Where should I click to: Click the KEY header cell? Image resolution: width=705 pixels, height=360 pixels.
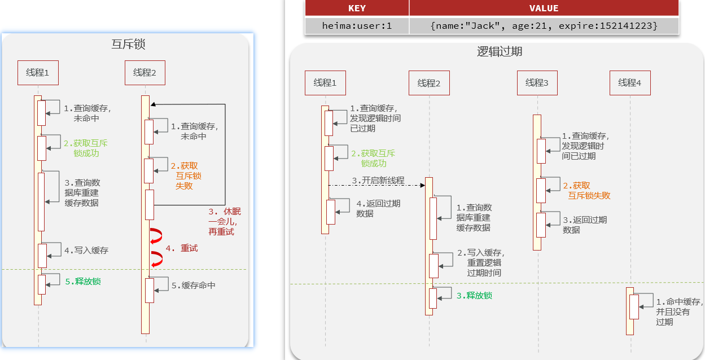click(357, 8)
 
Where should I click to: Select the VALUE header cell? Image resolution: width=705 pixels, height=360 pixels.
click(544, 8)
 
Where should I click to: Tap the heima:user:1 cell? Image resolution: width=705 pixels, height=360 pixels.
click(357, 25)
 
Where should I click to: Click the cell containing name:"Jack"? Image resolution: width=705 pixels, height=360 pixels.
click(544, 25)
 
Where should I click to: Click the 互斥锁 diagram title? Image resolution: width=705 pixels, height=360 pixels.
click(129, 45)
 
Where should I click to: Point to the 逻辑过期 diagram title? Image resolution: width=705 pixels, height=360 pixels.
click(500, 51)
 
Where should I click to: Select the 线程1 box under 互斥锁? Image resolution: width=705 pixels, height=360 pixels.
click(38, 73)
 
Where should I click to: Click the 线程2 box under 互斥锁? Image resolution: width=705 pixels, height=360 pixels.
click(145, 73)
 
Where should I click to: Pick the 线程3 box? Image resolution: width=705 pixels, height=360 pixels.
click(537, 83)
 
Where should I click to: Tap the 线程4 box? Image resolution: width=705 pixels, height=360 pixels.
click(630, 83)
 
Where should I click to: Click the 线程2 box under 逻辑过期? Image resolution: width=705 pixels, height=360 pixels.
click(429, 84)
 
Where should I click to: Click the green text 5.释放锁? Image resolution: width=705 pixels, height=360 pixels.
click(83, 281)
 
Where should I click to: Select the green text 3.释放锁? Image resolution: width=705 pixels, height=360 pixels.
click(474, 295)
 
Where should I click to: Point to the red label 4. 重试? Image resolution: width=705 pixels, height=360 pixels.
click(182, 248)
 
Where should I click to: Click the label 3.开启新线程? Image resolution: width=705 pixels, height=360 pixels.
click(378, 181)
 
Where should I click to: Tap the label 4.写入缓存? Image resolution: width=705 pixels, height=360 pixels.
click(86, 250)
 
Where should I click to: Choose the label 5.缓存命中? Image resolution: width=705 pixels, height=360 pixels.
click(194, 286)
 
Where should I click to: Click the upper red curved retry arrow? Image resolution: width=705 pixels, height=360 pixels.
click(156, 237)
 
